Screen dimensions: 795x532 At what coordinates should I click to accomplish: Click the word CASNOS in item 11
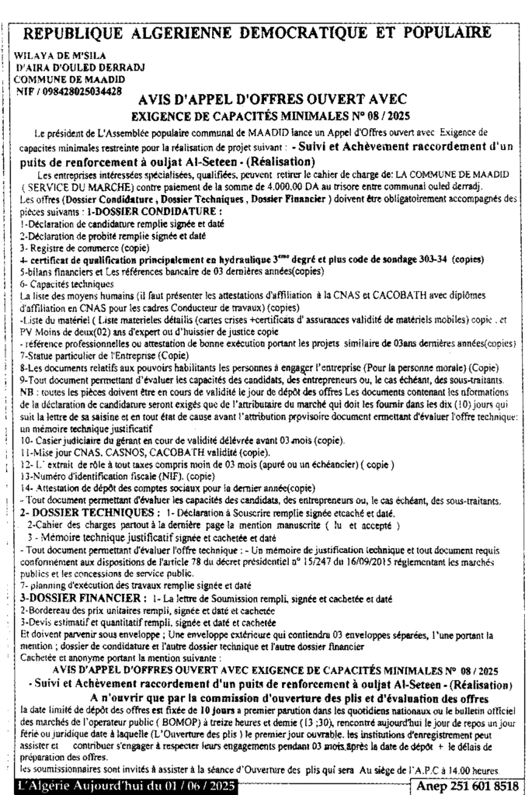(x=119, y=452)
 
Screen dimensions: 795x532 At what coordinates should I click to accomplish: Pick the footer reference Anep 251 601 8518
(x=466, y=786)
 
